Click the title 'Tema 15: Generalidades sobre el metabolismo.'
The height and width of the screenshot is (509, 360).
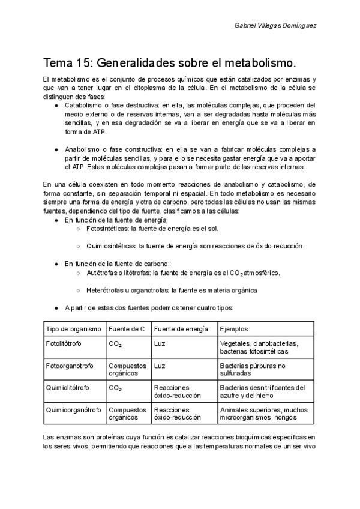pyautogui.click(x=170, y=62)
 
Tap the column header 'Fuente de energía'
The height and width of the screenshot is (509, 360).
pyautogui.click(x=181, y=329)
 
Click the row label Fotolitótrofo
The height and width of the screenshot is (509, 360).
pyautogui.click(x=64, y=343)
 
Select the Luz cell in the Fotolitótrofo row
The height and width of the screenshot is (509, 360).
pyautogui.click(x=160, y=343)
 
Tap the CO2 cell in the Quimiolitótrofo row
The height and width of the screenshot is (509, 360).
pyautogui.click(x=115, y=388)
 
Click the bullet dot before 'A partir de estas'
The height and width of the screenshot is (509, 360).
pyautogui.click(x=56, y=307)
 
